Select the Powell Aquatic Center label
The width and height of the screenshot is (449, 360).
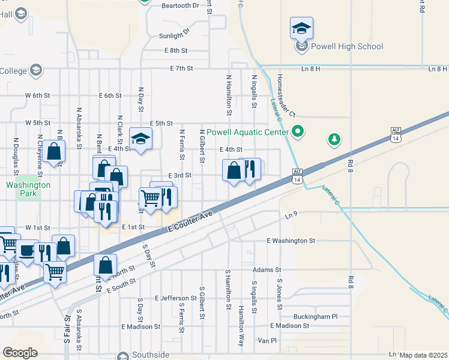click(x=247, y=132)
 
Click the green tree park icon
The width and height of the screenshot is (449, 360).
click(x=334, y=140)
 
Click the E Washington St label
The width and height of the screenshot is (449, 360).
click(x=291, y=241)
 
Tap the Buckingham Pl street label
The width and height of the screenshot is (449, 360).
click(x=316, y=316)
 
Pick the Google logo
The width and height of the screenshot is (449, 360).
click(x=20, y=352)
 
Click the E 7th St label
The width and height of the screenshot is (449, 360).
click(x=181, y=68)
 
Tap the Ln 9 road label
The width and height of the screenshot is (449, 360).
click(x=291, y=214)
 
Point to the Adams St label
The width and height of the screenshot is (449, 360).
click(x=267, y=270)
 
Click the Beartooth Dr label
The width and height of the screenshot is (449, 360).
click(x=180, y=5)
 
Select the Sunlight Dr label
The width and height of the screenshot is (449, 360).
click(x=174, y=35)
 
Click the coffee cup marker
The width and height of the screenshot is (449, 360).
click(x=26, y=250)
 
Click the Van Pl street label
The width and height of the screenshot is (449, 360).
click(x=267, y=340)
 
